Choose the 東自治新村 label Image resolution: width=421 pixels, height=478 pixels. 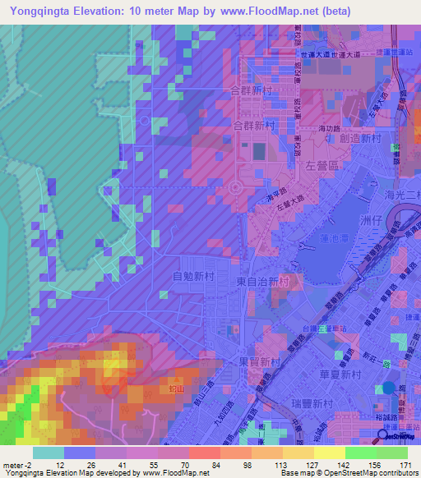(262, 282)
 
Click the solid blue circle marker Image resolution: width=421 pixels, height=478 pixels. (389, 388)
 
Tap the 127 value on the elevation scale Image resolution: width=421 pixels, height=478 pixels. (300, 466)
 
